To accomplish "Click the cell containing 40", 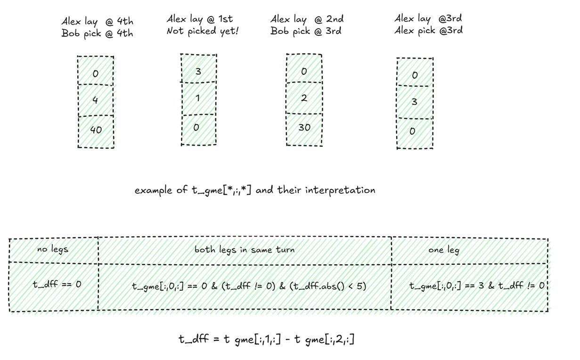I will pos(96,130).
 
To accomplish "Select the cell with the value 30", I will pos(304,128).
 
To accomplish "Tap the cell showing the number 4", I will pos(96,100).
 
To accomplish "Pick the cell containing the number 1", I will pos(198,98).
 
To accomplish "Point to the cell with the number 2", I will pos(304,98).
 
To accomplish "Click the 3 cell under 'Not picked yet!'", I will pos(198,72).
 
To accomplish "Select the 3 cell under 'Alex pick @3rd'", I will pos(415,101).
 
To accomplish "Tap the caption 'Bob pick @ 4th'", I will pos(97,34).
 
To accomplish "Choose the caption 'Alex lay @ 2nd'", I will pos(307,19).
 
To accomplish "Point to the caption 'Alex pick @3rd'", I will pos(428,31).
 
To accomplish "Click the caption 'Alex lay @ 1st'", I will pos(199,19).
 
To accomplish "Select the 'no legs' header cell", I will pos(53,250).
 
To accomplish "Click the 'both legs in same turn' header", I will pos(245,250).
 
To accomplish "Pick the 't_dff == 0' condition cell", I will pos(57,285).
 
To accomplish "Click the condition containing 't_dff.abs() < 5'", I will pos(249,286).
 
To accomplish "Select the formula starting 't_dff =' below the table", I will pos(266,339).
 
